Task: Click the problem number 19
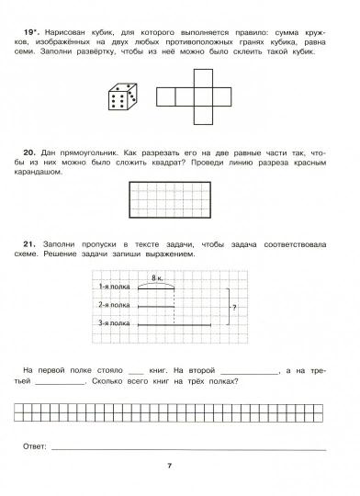tap(29, 29)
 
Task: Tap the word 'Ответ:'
tap(33, 447)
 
